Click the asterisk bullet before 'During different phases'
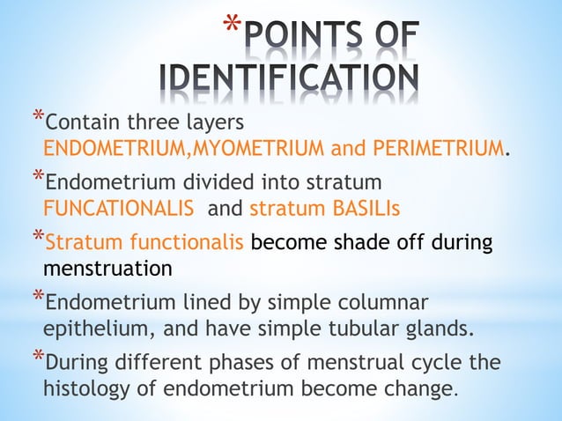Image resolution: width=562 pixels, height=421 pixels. click(36, 357)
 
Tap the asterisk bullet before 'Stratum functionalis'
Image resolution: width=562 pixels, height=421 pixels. click(36, 234)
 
